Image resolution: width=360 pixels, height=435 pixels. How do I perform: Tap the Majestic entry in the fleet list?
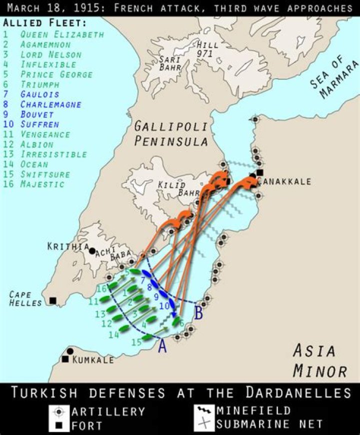(42, 184)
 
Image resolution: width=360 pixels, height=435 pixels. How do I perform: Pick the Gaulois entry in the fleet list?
(39, 94)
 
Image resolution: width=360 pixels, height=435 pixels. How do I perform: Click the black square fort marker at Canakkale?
(260, 173)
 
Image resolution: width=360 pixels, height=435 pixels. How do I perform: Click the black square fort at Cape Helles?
(52, 301)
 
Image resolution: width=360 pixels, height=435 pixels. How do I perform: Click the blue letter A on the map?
(162, 346)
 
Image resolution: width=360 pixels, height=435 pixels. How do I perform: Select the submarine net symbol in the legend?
(204, 424)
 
